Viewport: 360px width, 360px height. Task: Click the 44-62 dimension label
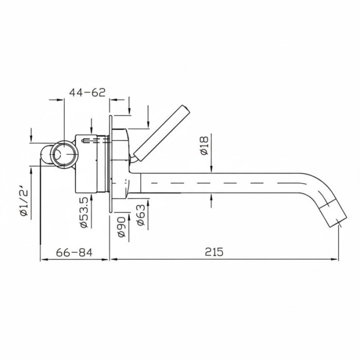click(x=87, y=92)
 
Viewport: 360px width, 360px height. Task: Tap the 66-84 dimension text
click(x=74, y=253)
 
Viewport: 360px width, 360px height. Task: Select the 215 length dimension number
click(x=214, y=252)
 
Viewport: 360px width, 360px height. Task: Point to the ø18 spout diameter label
click(x=204, y=146)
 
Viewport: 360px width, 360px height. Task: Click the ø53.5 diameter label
click(x=84, y=212)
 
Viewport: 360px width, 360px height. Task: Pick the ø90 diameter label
click(x=121, y=227)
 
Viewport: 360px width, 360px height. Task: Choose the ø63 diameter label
click(x=141, y=215)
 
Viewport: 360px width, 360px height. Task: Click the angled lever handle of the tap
click(x=162, y=134)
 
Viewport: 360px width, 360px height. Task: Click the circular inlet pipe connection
click(x=64, y=154)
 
